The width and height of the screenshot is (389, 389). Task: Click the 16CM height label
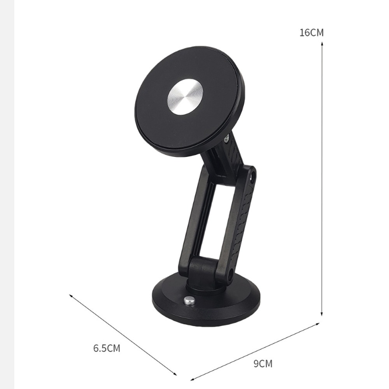point(312,33)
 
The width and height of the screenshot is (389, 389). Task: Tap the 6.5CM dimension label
point(107,348)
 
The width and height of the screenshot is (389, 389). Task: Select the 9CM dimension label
point(263,364)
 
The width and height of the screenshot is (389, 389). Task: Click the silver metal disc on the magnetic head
point(185,98)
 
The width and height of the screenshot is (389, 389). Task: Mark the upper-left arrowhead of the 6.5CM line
point(71,296)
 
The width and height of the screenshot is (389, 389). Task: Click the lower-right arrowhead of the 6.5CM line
point(175,373)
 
